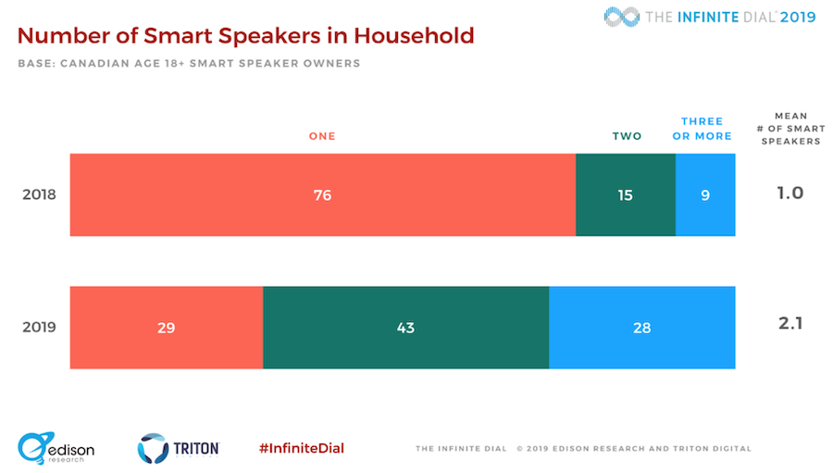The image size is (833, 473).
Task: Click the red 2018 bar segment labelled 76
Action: pos(323,195)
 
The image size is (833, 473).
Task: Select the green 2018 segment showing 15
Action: pos(626,195)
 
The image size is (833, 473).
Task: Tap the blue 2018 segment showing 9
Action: pos(705,195)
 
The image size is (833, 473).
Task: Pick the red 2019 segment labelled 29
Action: pos(167,328)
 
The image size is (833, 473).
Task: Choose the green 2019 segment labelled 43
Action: pos(406,328)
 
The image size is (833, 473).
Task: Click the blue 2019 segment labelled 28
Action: pos(642,328)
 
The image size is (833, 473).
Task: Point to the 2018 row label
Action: pos(39,194)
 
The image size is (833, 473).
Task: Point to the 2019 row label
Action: pos(39,327)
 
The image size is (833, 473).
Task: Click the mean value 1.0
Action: pos(790,193)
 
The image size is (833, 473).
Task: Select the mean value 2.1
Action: pos(790,323)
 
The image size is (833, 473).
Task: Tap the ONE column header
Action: pos(322,137)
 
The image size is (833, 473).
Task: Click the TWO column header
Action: pos(627,137)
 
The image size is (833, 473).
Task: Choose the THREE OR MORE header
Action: pos(702,129)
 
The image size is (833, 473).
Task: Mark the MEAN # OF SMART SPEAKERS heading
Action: pos(791,129)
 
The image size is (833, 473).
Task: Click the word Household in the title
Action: pos(414,35)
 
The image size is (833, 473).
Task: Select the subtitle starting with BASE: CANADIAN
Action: pos(189,64)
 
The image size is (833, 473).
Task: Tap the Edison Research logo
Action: pos(56,448)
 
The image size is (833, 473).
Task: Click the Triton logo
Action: pos(179,448)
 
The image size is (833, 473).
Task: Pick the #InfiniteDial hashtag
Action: pos(302,449)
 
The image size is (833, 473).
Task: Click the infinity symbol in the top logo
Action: pos(622,17)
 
